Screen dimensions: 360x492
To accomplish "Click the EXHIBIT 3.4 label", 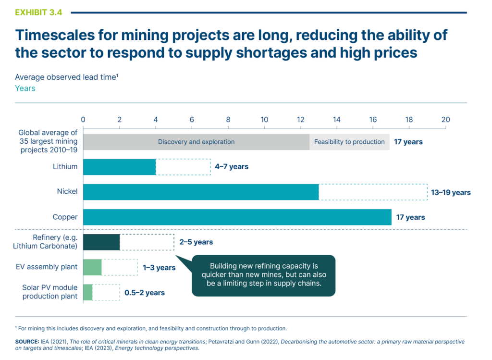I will (x=38, y=13).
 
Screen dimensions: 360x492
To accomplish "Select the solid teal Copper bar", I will (x=237, y=217).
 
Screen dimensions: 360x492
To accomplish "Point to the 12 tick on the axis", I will (x=300, y=120).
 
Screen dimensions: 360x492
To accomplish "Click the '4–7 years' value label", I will (x=232, y=167).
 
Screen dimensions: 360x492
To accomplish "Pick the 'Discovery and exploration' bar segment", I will (x=196, y=142).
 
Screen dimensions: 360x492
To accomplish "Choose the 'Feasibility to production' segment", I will (x=349, y=142).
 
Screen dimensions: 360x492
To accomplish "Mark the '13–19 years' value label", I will (x=451, y=192).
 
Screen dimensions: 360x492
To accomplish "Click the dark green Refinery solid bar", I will (x=101, y=242).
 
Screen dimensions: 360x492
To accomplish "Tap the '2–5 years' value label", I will (x=196, y=242).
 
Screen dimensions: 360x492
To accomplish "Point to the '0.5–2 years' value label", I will (x=145, y=293).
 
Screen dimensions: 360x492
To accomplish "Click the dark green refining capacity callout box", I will (x=263, y=275).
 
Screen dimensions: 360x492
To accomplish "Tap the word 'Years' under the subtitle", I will (x=25, y=88).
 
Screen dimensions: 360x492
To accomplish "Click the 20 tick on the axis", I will (x=445, y=120).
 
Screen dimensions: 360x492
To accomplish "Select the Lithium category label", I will (x=65, y=167).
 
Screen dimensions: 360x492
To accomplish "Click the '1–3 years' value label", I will (x=159, y=268).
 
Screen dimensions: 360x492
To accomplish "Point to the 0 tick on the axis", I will (x=83, y=120).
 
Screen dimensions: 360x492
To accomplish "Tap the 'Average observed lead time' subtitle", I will (x=66, y=77).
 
